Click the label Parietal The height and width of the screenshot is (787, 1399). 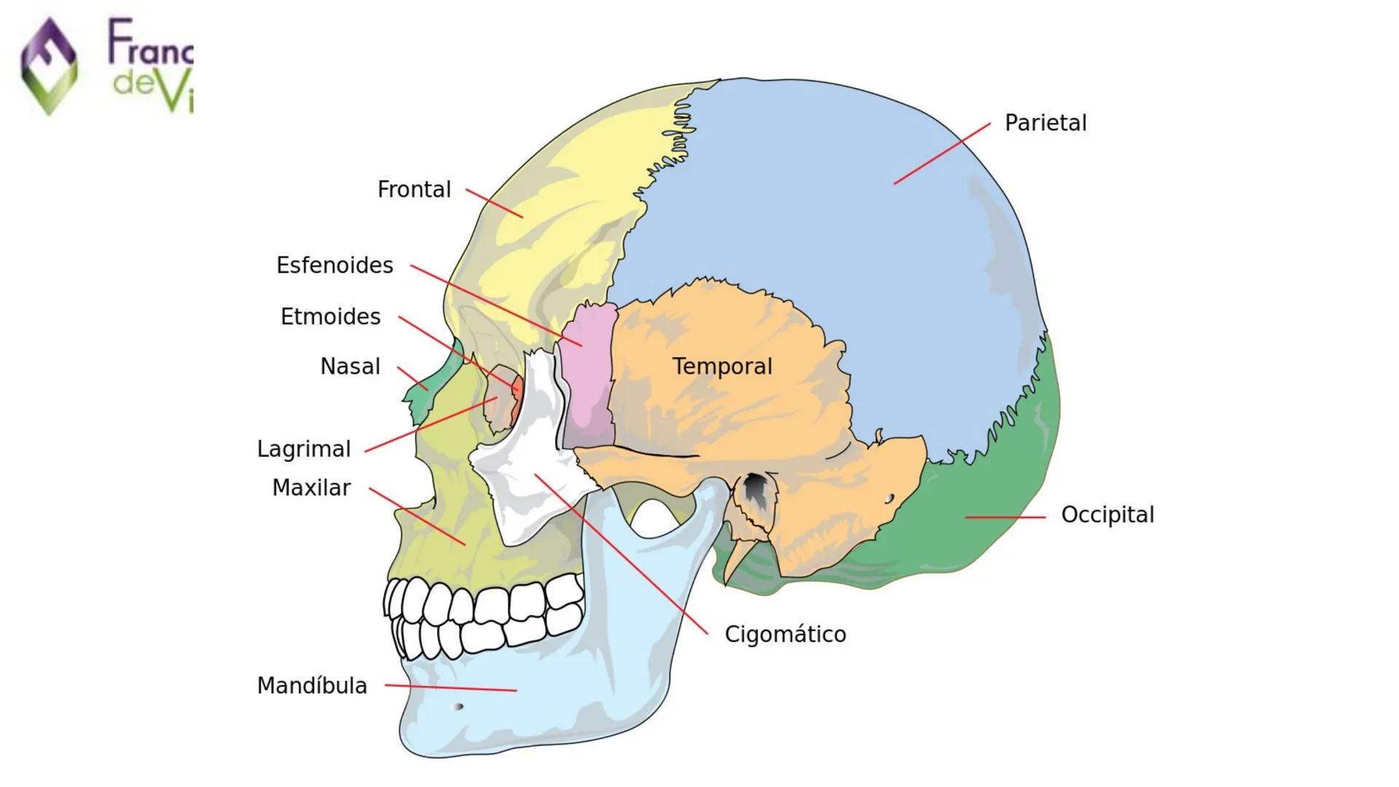(1045, 123)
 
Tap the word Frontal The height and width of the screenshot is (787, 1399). (414, 189)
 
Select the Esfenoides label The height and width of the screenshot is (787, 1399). (334, 265)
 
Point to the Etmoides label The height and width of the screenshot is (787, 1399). (330, 317)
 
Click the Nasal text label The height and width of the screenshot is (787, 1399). (350, 367)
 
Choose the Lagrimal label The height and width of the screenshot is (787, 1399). (304, 449)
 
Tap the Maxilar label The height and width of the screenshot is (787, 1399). (311, 488)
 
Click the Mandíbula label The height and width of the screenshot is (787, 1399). (312, 686)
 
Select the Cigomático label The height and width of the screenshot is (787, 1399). (785, 634)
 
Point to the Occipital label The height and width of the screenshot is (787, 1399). (1107, 514)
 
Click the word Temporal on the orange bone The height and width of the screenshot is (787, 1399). (721, 367)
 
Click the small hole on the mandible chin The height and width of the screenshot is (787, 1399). (458, 706)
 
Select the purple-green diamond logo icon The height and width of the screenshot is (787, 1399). (49, 66)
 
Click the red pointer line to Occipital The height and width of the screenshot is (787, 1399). (1005, 517)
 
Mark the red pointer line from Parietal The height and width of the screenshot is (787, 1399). (941, 154)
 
